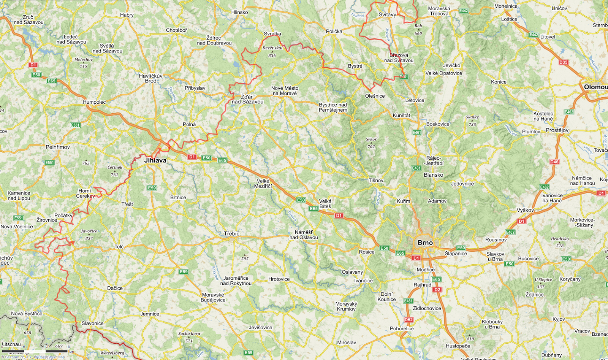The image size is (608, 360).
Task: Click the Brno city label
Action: click(x=425, y=243)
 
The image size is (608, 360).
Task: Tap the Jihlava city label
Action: click(x=155, y=160)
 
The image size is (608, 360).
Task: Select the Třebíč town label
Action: click(x=231, y=233)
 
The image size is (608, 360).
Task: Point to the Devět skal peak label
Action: click(x=272, y=48)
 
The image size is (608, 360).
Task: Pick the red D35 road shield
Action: click(x=563, y=62)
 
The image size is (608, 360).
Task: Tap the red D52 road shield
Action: click(x=408, y=320)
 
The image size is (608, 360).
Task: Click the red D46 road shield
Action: click(x=554, y=162)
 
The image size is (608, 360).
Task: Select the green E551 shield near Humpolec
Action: click(x=75, y=125)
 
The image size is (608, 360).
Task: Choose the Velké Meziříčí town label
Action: click(x=263, y=184)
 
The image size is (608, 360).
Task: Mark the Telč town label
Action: click(x=119, y=247)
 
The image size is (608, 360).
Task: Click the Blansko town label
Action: click(x=433, y=175)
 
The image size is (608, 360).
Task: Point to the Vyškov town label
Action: click(x=525, y=210)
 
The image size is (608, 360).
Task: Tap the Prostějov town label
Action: click(x=557, y=130)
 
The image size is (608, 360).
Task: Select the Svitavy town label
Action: click(x=387, y=15)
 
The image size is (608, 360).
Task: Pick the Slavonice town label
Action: click(x=92, y=324)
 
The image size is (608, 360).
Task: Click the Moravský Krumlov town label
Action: click(x=346, y=306)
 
